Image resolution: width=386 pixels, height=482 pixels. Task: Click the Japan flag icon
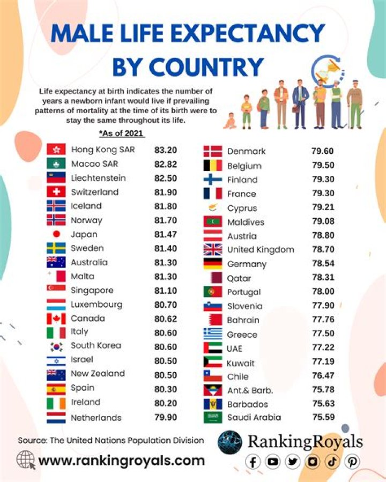click(x=56, y=234)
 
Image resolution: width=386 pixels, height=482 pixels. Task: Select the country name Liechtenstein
click(x=99, y=178)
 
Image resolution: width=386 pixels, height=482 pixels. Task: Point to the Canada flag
click(x=56, y=318)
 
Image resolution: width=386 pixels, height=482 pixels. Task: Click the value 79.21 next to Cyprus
click(x=322, y=208)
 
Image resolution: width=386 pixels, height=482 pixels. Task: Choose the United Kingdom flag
click(x=213, y=249)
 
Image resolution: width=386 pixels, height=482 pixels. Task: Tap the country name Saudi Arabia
click(x=254, y=418)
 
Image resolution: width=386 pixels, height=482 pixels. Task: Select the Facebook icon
click(x=254, y=461)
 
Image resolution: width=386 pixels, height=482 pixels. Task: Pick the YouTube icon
click(x=273, y=461)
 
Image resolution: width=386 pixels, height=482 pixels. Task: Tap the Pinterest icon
click(x=352, y=461)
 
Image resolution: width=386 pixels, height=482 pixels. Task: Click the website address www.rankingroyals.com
click(x=122, y=460)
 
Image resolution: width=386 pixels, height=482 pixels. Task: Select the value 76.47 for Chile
click(x=322, y=376)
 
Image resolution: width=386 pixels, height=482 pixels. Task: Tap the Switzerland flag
click(x=56, y=192)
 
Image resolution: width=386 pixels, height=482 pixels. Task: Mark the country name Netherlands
click(x=96, y=418)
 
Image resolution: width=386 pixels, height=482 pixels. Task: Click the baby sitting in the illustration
click(x=230, y=122)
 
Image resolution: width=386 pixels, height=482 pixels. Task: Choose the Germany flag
click(x=213, y=264)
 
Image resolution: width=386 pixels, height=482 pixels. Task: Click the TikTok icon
click(x=332, y=461)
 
